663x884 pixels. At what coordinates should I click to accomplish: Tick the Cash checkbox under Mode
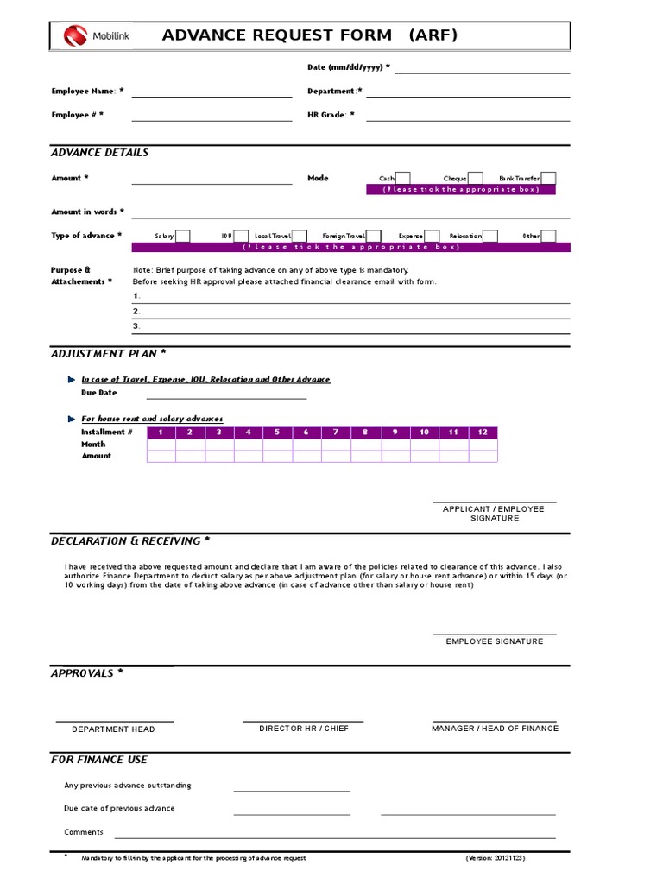click(403, 178)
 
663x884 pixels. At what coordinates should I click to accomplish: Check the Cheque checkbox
click(476, 178)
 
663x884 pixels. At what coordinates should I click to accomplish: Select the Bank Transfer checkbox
click(549, 178)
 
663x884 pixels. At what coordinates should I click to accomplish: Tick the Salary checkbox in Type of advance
click(183, 236)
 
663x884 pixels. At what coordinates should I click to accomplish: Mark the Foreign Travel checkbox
click(375, 236)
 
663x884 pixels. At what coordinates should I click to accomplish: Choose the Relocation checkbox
click(489, 236)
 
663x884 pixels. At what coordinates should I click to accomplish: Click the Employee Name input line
click(212, 93)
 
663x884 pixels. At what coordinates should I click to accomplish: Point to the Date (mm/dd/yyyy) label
click(349, 67)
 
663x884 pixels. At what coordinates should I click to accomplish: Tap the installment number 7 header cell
click(337, 433)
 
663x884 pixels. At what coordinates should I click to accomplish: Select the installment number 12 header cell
click(483, 433)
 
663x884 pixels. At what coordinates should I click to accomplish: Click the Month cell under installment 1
click(161, 445)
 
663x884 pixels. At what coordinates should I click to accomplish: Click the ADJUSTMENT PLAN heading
click(109, 354)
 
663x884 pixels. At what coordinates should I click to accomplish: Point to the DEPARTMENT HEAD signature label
click(113, 729)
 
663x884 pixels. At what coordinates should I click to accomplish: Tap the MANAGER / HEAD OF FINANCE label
click(495, 729)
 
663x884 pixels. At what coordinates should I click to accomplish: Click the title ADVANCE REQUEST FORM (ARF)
click(310, 35)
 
